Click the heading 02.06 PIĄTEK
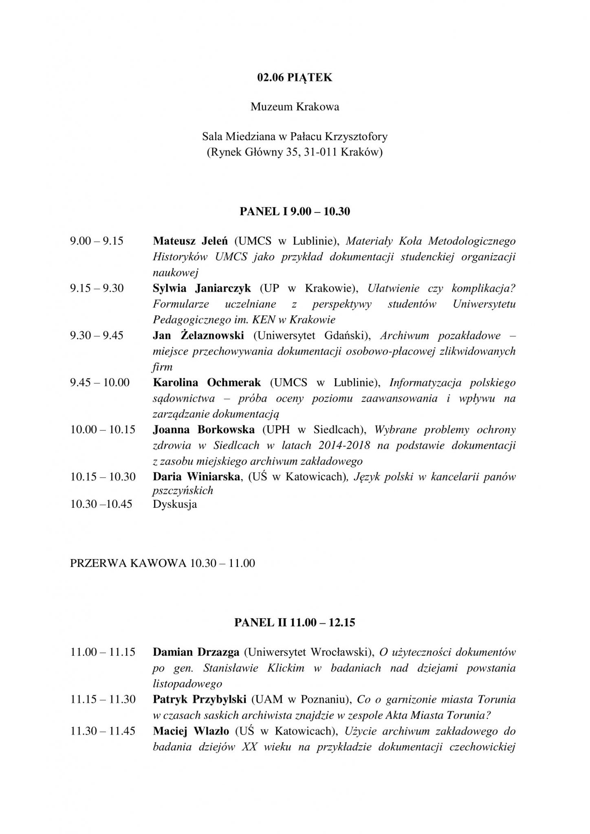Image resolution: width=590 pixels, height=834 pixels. [x=295, y=77]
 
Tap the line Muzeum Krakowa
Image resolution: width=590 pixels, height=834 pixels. [x=295, y=107]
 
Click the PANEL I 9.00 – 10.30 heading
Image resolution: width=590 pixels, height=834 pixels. [x=295, y=211]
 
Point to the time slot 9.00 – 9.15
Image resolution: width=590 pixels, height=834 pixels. [x=97, y=241]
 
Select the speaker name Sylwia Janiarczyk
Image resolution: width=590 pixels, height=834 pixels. [x=202, y=288]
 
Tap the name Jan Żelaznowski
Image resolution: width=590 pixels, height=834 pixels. [x=198, y=335]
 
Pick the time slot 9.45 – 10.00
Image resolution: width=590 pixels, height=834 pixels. [x=100, y=382]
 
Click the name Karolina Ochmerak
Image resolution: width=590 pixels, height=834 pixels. [x=207, y=382]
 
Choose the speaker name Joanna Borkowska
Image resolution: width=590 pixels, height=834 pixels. [x=204, y=430]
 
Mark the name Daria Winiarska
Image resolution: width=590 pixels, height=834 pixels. [x=196, y=476]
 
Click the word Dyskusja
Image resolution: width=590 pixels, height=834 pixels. [x=175, y=504]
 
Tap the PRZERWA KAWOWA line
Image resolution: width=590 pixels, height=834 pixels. [x=163, y=563]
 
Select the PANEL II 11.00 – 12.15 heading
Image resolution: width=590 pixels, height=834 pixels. [x=295, y=623]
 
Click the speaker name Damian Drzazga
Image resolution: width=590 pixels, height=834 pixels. [x=196, y=652]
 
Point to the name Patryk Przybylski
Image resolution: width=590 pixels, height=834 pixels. [x=200, y=700]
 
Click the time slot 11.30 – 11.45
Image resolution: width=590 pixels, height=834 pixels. [x=103, y=731]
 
